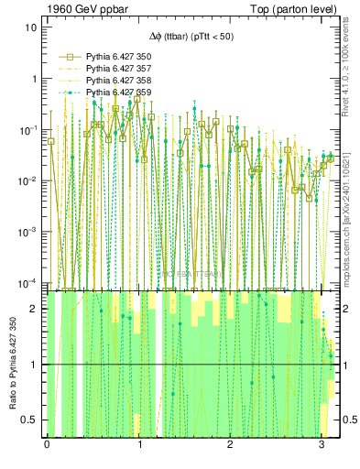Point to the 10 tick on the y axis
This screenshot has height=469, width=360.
31,27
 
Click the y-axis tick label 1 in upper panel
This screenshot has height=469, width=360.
34,79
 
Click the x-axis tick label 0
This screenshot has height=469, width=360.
47,444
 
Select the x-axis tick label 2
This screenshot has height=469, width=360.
230,444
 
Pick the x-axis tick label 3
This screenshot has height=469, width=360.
322,444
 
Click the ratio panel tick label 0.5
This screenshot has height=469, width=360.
30,420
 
